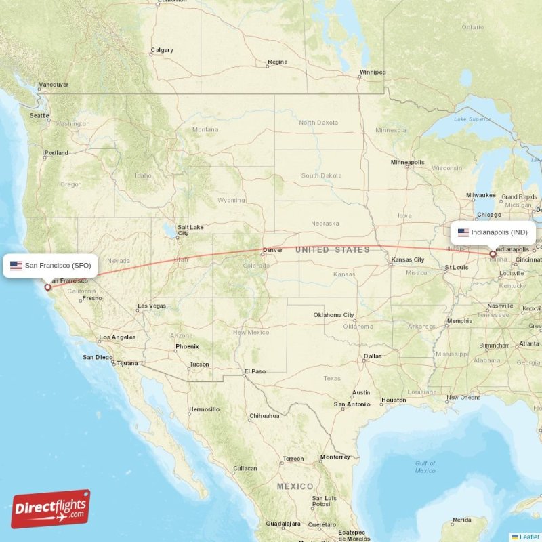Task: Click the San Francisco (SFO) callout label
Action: coord(51,266)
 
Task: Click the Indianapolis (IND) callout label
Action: coord(494,232)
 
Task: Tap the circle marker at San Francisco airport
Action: coord(47,287)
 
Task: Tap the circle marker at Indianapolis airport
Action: coord(493,255)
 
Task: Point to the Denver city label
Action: coord(272,250)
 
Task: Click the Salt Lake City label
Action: coord(190,230)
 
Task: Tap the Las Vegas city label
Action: coord(151,306)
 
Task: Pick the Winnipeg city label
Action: coord(372,72)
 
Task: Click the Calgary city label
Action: coord(161,50)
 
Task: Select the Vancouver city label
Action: coord(53,85)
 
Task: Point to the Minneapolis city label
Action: coord(407,163)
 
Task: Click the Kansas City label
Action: coord(407,260)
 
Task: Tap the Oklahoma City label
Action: coord(333,315)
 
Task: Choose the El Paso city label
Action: coord(255,371)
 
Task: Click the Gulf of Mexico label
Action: coord(425,466)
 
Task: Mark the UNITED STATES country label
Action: coord(332,250)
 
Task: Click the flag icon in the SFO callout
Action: coord(16,266)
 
